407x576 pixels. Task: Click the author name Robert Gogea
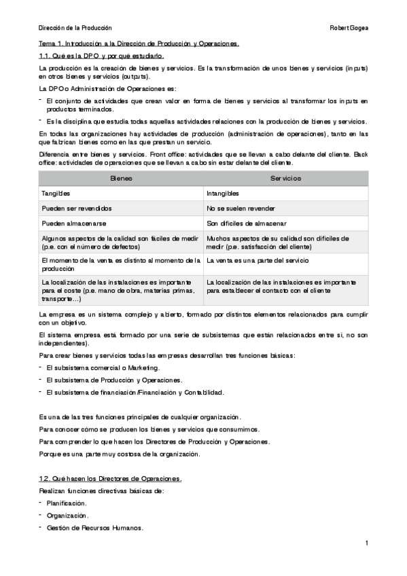pos(348,28)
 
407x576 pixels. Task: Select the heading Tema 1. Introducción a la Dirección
pos(139,44)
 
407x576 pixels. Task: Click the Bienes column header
pos(121,178)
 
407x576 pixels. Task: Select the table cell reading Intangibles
pos(224,194)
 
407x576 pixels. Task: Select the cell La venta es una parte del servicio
pos(258,260)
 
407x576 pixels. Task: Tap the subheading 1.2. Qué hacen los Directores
pos(110,479)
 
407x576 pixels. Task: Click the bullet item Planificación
pos(67,503)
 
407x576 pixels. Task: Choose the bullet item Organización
pos(67,516)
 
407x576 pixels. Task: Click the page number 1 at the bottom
pos(366,543)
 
